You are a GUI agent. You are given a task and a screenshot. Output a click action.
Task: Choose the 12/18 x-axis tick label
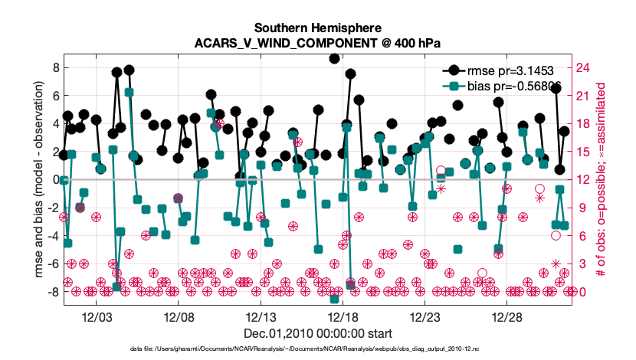tap(343, 316)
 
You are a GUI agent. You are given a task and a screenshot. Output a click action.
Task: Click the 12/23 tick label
tap(425, 316)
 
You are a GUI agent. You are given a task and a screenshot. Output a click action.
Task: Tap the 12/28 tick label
tap(507, 316)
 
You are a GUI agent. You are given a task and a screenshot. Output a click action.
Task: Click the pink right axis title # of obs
tap(611, 180)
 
